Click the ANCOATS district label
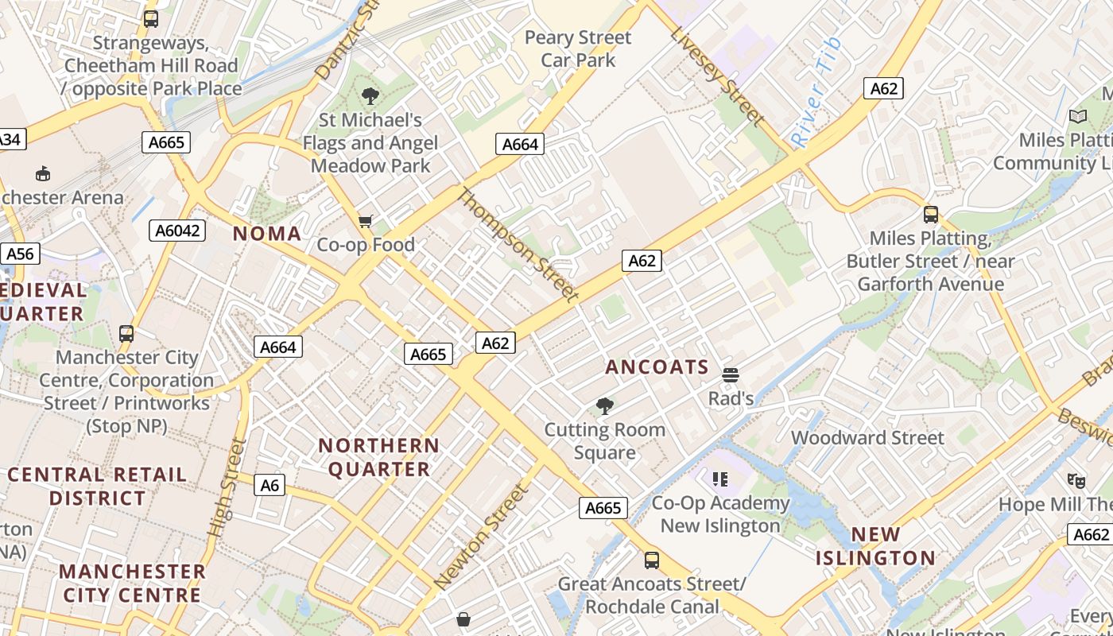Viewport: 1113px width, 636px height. coord(657,366)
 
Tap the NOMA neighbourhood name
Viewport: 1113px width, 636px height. coord(267,234)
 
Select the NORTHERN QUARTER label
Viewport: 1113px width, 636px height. coord(378,457)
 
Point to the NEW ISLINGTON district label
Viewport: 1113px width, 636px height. coord(876,546)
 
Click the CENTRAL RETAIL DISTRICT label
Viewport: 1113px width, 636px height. coord(97,487)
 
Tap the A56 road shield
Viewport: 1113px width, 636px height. coord(20,254)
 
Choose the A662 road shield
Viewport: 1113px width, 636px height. coord(1089,534)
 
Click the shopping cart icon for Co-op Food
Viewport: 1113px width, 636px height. coord(365,221)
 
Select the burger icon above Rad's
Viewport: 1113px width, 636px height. coord(731,375)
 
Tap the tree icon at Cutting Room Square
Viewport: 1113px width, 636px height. coord(605,406)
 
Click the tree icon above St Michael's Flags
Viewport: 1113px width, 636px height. coord(370,97)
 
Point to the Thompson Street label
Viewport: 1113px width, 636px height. coord(518,245)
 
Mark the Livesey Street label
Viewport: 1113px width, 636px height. coord(717,76)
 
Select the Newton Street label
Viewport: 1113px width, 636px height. coord(482,536)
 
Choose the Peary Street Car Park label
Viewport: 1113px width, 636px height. coord(578,48)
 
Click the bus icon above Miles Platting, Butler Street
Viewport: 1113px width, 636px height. coord(930,215)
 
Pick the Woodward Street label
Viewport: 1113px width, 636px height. coord(867,437)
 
